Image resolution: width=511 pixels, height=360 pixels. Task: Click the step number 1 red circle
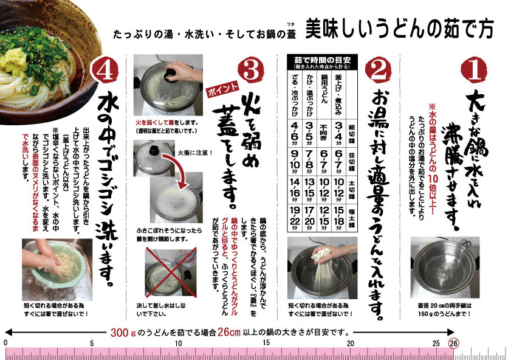pos(474,70)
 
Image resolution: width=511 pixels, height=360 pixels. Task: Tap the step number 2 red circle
pos(378,71)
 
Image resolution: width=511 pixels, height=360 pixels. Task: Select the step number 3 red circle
pos(251,71)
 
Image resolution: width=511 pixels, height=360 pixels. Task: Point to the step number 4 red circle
pos(106,70)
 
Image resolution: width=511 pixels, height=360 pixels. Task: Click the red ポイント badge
pos(223,89)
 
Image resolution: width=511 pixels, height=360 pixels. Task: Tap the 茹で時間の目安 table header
pos(322,62)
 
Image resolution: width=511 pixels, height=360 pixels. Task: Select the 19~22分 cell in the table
pos(295,218)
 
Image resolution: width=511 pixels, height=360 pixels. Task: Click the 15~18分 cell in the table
pos(338,218)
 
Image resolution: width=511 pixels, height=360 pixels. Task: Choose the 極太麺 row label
pos(352,218)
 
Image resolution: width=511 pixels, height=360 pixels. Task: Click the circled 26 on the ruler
pos(453,343)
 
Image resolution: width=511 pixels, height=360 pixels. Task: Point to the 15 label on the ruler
pos(266,342)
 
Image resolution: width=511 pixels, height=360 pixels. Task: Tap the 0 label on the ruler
pos(5,342)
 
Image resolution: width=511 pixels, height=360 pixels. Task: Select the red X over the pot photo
pos(171,272)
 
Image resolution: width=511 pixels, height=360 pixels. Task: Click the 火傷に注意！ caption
pos(195,153)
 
